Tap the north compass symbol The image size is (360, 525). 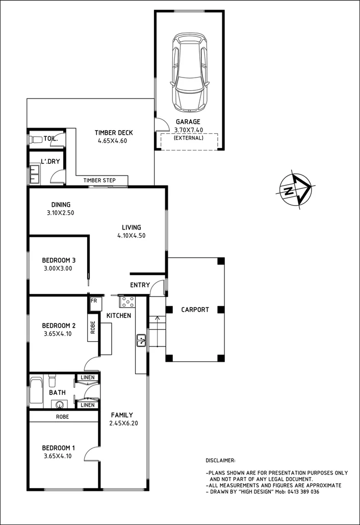[295, 189]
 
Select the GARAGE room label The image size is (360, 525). [188, 121]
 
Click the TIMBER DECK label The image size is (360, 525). [112, 133]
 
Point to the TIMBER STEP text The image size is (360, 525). [99, 180]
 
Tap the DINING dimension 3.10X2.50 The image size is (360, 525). [60, 213]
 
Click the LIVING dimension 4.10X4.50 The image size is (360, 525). [131, 236]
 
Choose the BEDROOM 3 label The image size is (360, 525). [59, 260]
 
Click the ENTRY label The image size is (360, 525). [140, 285]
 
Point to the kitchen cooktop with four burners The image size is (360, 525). [127, 302]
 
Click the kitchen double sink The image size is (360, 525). [141, 340]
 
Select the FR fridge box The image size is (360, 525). [94, 301]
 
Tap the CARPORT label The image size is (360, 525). [195, 310]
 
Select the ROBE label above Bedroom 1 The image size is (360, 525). [63, 416]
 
